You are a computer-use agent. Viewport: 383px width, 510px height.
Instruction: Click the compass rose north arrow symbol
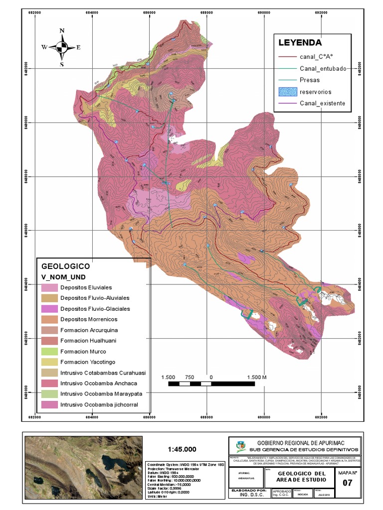click(62, 47)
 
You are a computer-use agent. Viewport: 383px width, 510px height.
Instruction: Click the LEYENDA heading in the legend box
click(300, 42)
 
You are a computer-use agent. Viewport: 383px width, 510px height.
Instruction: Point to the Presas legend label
click(310, 80)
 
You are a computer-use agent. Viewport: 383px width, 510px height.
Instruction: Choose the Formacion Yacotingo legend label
click(89, 362)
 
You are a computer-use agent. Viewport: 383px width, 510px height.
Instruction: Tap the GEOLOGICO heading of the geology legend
click(65, 266)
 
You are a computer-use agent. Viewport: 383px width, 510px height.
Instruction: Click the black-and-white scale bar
click(211, 383)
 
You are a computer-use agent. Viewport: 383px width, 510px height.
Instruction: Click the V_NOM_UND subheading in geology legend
click(62, 276)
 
